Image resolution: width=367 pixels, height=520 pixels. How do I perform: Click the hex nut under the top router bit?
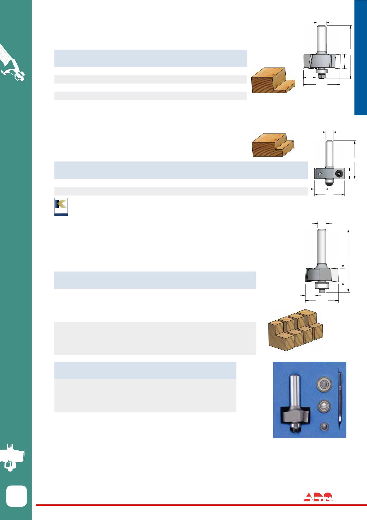coord(322,75)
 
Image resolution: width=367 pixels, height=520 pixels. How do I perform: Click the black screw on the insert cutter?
coord(338,173)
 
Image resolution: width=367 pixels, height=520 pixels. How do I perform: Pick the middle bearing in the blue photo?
coord(323,406)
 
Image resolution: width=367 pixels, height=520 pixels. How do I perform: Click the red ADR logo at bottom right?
coord(318,497)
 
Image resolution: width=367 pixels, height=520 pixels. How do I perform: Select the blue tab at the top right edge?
coord(361,58)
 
